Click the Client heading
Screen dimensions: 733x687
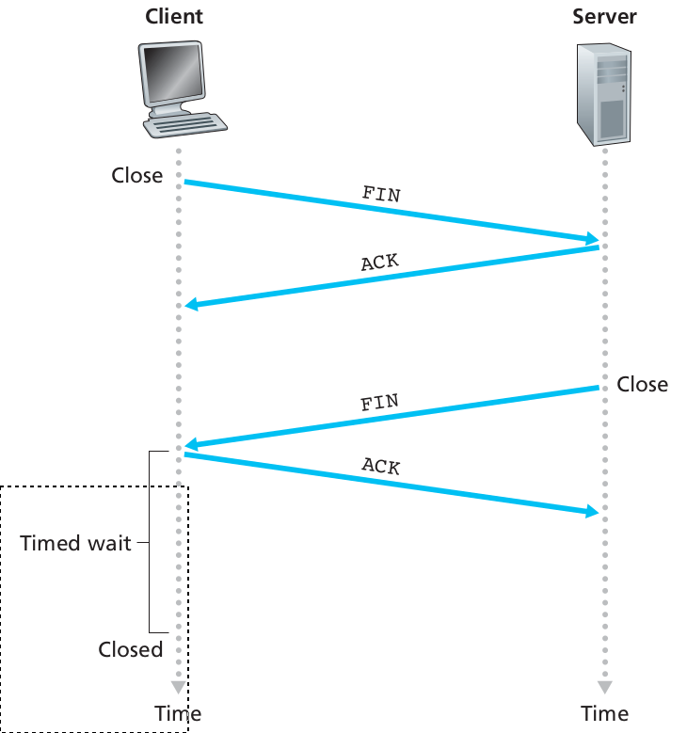pyautogui.click(x=174, y=17)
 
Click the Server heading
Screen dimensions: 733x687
pyautogui.click(x=604, y=17)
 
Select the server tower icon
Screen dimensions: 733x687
pyautogui.click(x=603, y=95)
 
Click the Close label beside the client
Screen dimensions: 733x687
pyautogui.click(x=137, y=176)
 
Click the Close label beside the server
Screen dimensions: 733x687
pyautogui.click(x=643, y=385)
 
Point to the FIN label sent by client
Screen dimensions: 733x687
pyautogui.click(x=381, y=194)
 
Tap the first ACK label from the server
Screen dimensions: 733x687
pyautogui.click(x=380, y=261)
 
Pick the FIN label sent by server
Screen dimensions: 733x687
pyautogui.click(x=380, y=404)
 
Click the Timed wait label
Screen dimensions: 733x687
pyautogui.click(x=76, y=543)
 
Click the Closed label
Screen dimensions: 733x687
pyautogui.click(x=131, y=649)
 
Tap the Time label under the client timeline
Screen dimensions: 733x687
pyautogui.click(x=179, y=713)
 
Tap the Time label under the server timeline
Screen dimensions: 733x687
pyautogui.click(x=604, y=713)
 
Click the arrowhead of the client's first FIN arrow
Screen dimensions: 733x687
pyautogui.click(x=593, y=239)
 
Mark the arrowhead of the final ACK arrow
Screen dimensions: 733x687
pyautogui.click(x=593, y=511)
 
